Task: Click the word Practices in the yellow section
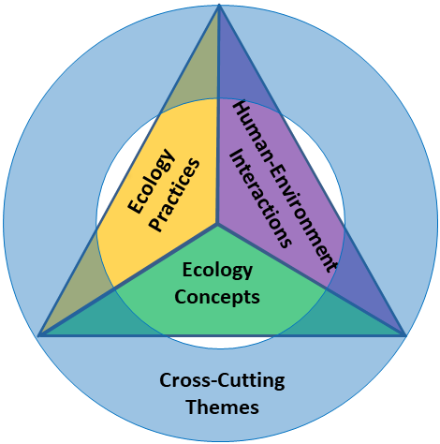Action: (174, 195)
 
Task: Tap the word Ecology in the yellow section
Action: (151, 182)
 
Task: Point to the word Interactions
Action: (261, 199)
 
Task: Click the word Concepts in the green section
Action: (217, 297)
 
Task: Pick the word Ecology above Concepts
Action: (217, 271)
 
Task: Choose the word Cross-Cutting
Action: (222, 380)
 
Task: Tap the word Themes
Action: (222, 407)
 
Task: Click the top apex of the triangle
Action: (219, 5)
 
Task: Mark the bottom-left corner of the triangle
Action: (38, 336)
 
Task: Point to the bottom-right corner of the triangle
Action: (405, 336)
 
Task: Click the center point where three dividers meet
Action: (217, 224)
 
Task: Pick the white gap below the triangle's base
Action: (219, 343)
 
